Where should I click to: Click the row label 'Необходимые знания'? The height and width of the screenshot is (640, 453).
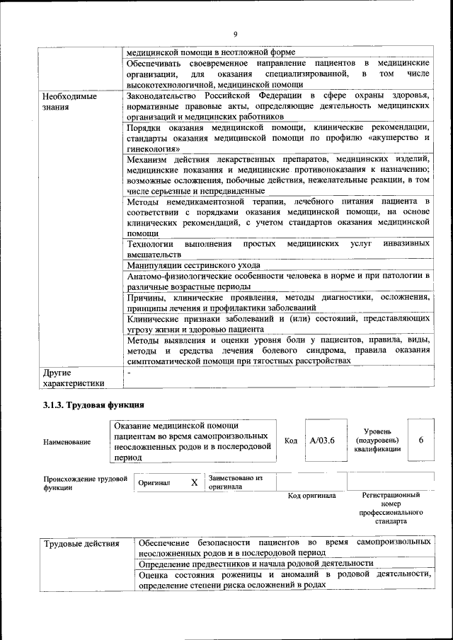pyautogui.click(x=69, y=102)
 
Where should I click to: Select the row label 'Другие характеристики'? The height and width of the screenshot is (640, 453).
pyautogui.click(x=73, y=378)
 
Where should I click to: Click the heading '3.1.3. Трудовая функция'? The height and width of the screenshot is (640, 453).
pyautogui.click(x=93, y=405)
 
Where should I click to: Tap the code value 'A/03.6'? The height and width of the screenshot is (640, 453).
pyautogui.click(x=322, y=440)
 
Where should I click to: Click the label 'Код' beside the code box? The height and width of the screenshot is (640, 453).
pyautogui.click(x=290, y=441)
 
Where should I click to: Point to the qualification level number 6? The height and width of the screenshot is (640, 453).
pyautogui.click(x=421, y=440)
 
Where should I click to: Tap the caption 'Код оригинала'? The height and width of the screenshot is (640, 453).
pyautogui.click(x=311, y=496)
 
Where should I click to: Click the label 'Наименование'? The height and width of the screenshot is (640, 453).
pyautogui.click(x=67, y=442)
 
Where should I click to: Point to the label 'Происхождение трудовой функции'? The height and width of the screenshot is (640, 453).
pyautogui.click(x=84, y=483)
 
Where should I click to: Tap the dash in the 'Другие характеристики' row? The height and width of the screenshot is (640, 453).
pyautogui.click(x=129, y=371)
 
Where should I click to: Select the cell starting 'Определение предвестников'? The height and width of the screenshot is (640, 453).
pyautogui.click(x=256, y=563)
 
